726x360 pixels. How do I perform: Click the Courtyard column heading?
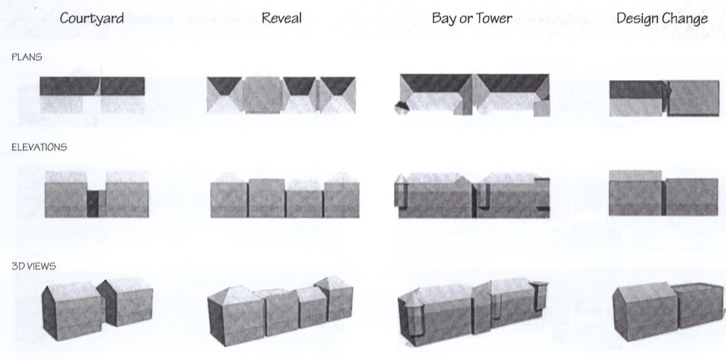pos(91,18)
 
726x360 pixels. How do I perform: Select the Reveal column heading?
pos(281,18)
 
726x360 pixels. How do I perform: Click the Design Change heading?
pos(662,18)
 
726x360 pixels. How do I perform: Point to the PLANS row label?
pos(27,57)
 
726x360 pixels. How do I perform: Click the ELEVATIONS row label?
pos(39,147)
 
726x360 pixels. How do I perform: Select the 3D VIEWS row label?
pos(33,266)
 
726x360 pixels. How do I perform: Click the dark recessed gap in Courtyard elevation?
pos(93,203)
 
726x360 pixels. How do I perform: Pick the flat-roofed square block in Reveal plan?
pos(263,95)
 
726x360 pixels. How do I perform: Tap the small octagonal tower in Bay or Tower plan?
pos(401,108)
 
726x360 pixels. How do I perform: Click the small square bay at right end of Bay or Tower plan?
pos(541,108)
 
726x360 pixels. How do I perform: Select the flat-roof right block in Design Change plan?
pos(693,98)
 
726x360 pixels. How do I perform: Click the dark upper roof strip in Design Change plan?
pos(637,89)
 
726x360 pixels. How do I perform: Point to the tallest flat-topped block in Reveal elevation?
pos(267,198)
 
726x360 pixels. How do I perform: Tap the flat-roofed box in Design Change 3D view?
pos(698,305)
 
